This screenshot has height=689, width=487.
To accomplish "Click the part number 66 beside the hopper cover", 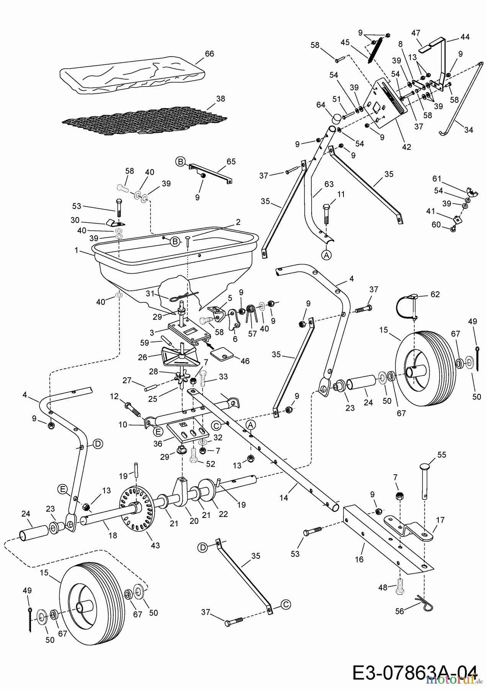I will (x=209, y=54).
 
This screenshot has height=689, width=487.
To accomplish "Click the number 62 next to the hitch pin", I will (x=435, y=294).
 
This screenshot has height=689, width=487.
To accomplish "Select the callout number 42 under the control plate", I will (x=406, y=147).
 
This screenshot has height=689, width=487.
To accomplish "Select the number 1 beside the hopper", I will (x=77, y=250).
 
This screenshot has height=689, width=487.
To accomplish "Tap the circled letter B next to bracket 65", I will (x=180, y=162).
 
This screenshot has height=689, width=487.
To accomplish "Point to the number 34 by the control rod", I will (x=468, y=130).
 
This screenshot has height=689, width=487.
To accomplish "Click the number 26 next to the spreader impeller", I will (x=142, y=358).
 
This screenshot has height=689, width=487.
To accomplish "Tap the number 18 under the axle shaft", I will (x=112, y=536).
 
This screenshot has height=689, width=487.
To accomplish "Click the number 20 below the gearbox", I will (x=194, y=521).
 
